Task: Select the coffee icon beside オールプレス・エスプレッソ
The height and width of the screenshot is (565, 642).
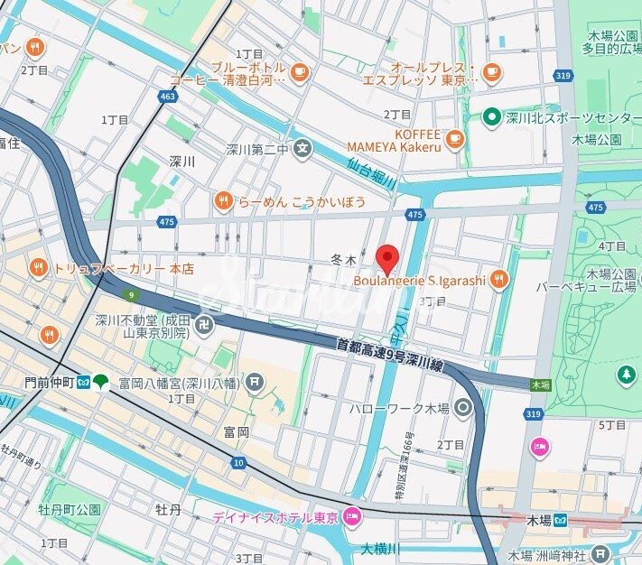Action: [x=492, y=73]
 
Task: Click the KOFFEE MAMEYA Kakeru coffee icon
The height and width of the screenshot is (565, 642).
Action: [x=454, y=139]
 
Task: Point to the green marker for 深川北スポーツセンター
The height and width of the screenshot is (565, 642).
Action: [x=491, y=116]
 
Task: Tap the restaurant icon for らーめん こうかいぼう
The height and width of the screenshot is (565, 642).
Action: [x=223, y=201]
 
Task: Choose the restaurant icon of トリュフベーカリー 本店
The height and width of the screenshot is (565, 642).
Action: [x=38, y=268]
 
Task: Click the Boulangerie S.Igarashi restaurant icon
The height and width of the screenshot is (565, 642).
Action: [x=498, y=280]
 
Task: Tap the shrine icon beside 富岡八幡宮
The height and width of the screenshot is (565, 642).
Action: [x=256, y=383]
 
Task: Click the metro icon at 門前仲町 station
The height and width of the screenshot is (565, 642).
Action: [x=83, y=383]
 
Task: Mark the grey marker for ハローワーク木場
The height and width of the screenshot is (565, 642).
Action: [x=463, y=409]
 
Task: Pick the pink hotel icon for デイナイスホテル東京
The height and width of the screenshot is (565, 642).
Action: [x=351, y=518]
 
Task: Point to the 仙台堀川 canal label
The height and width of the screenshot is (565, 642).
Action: [x=371, y=172]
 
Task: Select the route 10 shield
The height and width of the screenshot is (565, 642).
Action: [x=238, y=463]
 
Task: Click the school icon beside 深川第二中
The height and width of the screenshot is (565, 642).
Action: [x=303, y=147]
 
